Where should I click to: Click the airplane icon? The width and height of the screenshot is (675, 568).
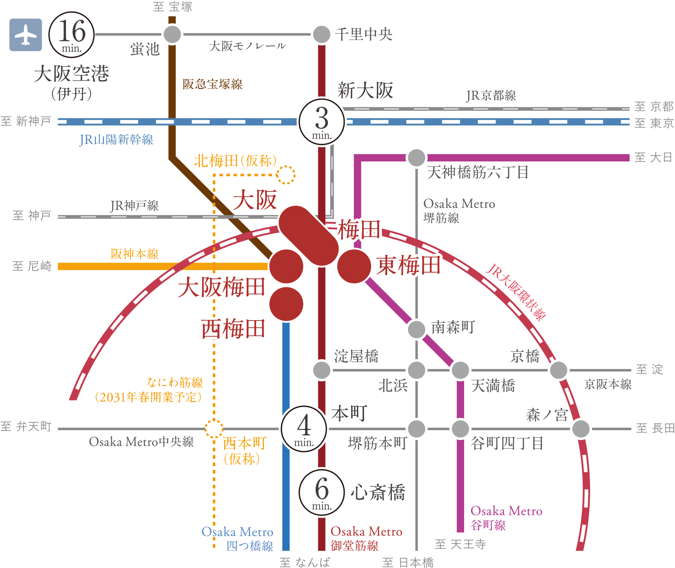[26, 35]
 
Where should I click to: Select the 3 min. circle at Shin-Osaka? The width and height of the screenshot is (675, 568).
[322, 122]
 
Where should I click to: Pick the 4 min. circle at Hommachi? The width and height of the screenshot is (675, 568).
[304, 429]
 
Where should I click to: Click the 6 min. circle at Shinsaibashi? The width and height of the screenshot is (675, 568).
[322, 493]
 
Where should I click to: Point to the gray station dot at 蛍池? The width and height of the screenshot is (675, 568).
[172, 34]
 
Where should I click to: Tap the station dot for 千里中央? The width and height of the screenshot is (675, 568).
[322, 34]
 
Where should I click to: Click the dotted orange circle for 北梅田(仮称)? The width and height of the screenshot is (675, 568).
[286, 175]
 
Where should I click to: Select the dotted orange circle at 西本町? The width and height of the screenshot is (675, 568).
[214, 429]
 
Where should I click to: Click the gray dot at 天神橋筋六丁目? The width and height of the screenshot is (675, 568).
[417, 158]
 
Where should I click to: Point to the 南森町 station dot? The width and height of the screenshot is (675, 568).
[417, 329]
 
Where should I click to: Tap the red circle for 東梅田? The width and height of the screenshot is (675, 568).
[354, 266]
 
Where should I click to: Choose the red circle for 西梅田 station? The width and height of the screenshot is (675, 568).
[286, 304]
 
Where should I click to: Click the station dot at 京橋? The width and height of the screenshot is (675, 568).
[558, 370]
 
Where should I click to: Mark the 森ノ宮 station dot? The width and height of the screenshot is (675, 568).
[581, 429]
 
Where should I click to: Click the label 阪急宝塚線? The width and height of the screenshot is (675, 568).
[212, 84]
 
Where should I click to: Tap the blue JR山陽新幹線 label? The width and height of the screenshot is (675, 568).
[116, 140]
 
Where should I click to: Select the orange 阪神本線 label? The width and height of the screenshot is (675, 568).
[135, 254]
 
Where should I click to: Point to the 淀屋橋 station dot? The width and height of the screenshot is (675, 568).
[322, 370]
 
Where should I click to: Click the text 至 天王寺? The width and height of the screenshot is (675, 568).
[461, 544]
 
